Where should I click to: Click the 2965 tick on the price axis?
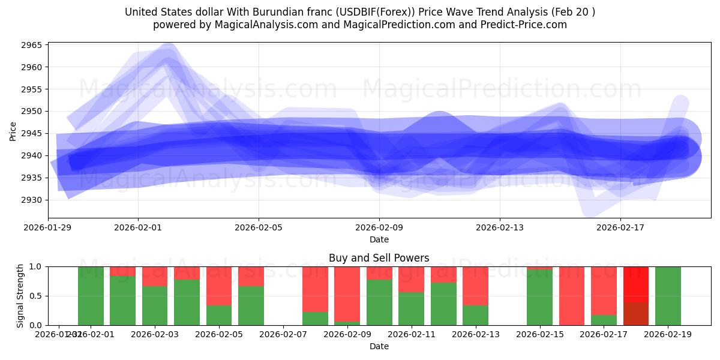[x=32, y=45]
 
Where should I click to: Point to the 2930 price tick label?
[x=32, y=200]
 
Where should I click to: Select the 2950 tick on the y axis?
[x=32, y=112]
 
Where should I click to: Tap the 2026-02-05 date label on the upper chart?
[x=259, y=228]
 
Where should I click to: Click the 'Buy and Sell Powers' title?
[x=379, y=258]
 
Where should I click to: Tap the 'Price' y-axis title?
[x=13, y=130]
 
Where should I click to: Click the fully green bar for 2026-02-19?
[x=668, y=296]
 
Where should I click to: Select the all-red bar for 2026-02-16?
[x=572, y=296]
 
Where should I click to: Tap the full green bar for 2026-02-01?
[x=91, y=296]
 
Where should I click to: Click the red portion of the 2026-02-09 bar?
[x=347, y=294]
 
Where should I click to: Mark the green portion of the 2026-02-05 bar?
[x=220, y=315]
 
